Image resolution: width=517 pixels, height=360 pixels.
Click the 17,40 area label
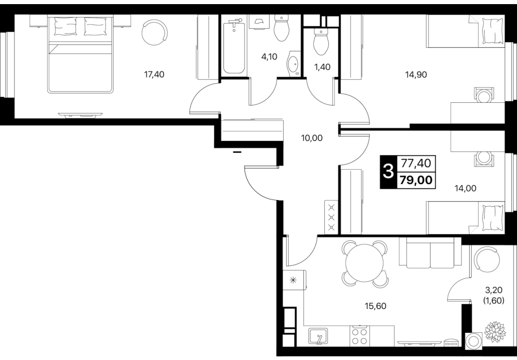coord(154,75)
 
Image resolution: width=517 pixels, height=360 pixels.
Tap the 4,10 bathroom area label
coord(269,57)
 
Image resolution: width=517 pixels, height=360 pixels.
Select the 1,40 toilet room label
coord(322,67)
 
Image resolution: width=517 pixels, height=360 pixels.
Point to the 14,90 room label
coord(416,75)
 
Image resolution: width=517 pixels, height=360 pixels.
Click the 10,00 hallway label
coord(312,138)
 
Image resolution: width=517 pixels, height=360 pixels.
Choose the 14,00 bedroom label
coord(466,188)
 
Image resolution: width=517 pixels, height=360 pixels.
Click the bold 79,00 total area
coord(417,180)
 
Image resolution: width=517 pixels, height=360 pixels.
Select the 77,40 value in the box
coord(417,163)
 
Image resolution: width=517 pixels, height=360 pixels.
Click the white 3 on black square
coord(389,172)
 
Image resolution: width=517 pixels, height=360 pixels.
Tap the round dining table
coord(364,263)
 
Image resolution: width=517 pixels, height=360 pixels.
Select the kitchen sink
coord(318,336)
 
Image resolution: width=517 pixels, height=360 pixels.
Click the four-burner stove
coord(360,336)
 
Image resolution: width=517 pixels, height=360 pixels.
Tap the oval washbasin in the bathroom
coord(293,65)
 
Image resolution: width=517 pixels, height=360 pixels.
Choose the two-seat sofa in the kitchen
coord(430,252)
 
